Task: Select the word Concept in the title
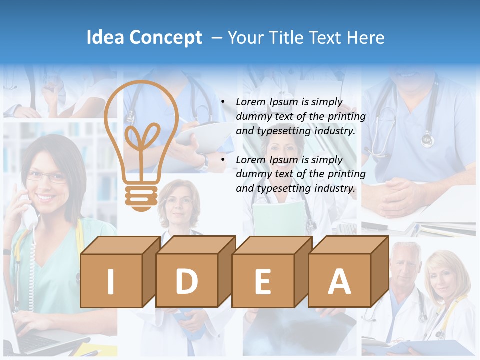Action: tap(166, 38)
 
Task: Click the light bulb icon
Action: tap(141, 145)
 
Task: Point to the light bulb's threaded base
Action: tap(141, 197)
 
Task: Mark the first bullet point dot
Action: tap(223, 102)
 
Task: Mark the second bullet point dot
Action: tap(223, 160)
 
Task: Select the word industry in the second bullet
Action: tap(334, 189)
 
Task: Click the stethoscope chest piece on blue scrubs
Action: tap(427, 139)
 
